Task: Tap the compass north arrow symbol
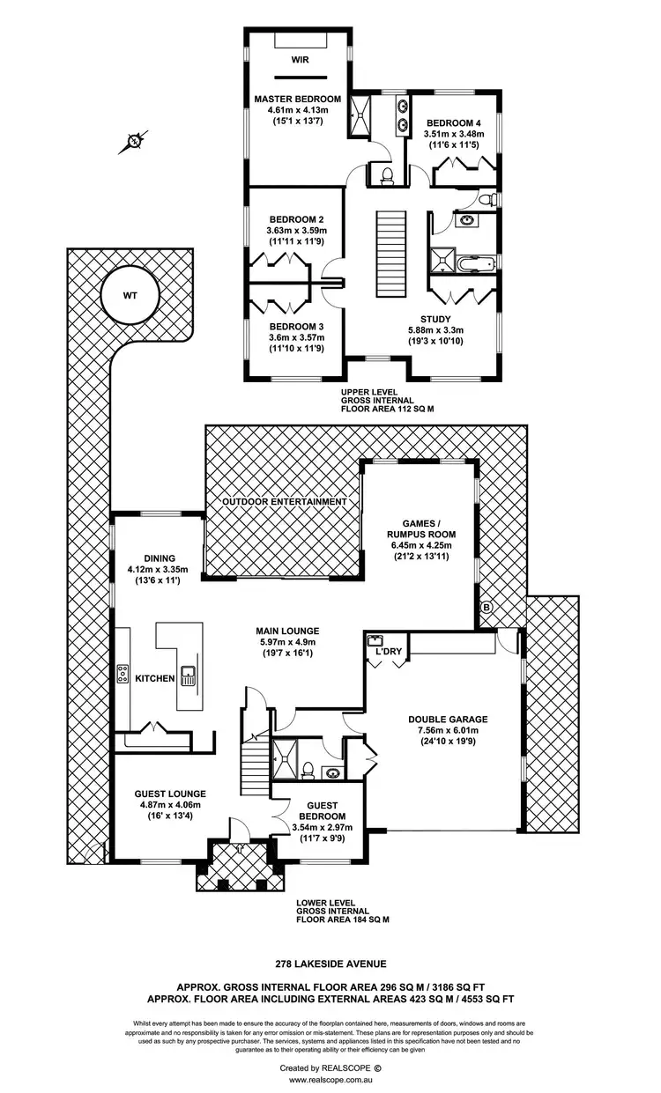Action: (133, 140)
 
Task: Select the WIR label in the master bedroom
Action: (298, 62)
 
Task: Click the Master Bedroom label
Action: (298, 99)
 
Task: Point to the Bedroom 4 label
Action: (454, 122)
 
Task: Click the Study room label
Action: (435, 320)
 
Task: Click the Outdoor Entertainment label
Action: (284, 501)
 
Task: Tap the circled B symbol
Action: (485, 607)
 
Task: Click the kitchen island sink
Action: (188, 676)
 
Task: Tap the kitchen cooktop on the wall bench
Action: (123, 674)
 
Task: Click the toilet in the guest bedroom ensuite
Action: (308, 770)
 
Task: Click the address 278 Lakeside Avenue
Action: (330, 964)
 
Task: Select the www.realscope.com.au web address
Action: (330, 1080)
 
